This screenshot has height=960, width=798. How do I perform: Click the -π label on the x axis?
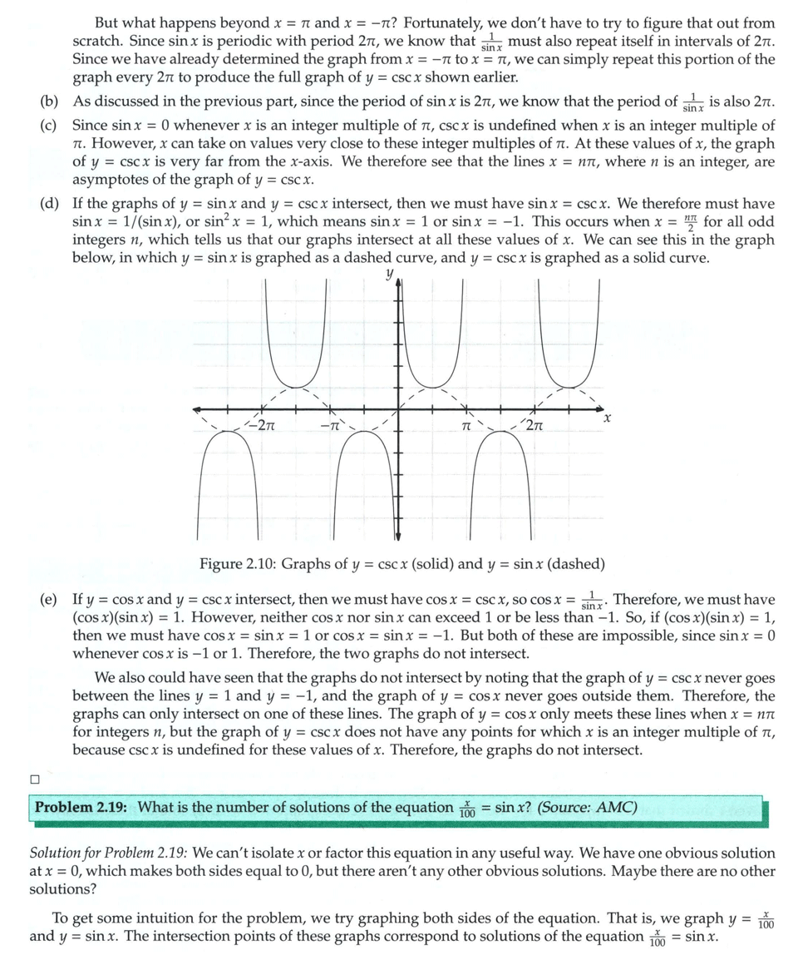tap(330, 428)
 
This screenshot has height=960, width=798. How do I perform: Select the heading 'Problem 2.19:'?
tap(83, 807)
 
